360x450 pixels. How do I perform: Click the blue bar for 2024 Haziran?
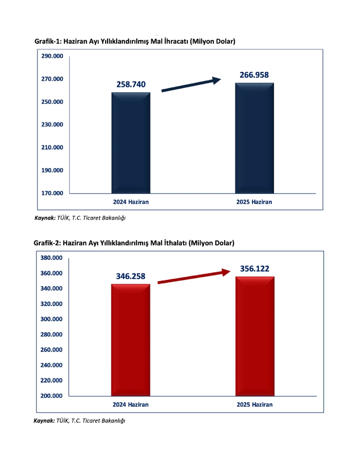point(131,143)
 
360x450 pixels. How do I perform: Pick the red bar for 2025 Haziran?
point(254,336)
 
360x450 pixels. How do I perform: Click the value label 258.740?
point(131,84)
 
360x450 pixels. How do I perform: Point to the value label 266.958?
point(254,74)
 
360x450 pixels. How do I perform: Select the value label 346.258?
point(131,276)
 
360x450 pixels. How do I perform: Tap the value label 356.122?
point(254,268)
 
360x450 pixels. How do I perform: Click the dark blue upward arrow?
point(191,85)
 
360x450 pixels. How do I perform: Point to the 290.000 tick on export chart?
point(51,56)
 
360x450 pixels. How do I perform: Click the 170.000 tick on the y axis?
point(51,193)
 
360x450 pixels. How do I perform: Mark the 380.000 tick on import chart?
point(51,258)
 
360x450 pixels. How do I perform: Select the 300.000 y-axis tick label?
point(51,319)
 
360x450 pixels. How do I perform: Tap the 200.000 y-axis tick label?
point(51,396)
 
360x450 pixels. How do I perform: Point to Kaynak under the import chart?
point(44,421)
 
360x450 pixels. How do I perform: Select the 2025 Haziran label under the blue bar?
point(254,202)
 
